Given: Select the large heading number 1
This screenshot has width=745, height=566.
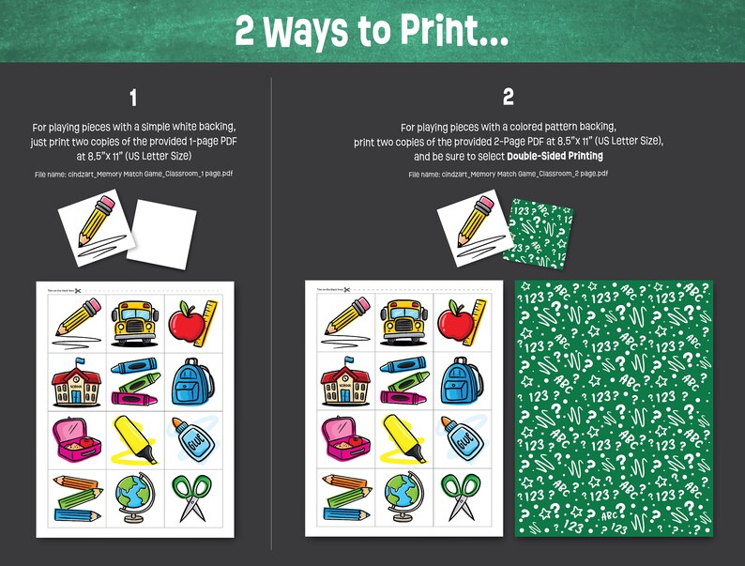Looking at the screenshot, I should point(134,98).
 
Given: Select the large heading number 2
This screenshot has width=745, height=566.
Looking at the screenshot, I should point(508,98).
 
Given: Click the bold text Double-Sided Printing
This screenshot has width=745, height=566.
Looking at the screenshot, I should point(555,156).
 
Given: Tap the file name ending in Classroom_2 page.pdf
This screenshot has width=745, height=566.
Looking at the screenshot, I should point(508,174).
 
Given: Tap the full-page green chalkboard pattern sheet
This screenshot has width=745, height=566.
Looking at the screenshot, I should point(614,408).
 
